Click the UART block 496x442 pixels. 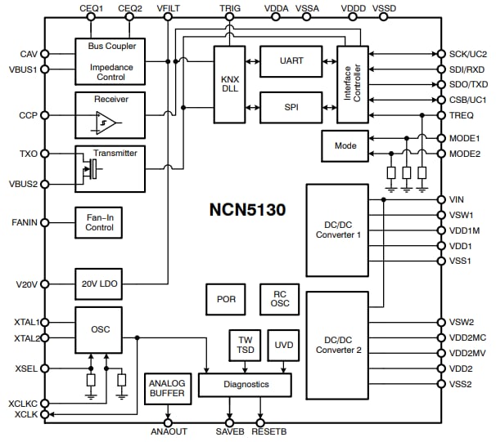coord(291,61)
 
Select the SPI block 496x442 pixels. coord(291,106)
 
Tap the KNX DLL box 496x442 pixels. coord(229,84)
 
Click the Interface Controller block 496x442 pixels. coord(353,84)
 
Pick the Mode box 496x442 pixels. coord(345,145)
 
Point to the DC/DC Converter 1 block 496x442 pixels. coord(337,230)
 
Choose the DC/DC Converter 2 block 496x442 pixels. coord(337,345)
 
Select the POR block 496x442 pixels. coord(227,299)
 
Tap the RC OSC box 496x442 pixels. coord(279,299)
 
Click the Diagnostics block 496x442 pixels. coord(246,384)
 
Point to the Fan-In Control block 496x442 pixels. coord(99,221)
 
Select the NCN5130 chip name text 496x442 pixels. coord(246,210)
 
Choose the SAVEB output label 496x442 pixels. coord(230,431)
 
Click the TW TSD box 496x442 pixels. coord(246,346)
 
